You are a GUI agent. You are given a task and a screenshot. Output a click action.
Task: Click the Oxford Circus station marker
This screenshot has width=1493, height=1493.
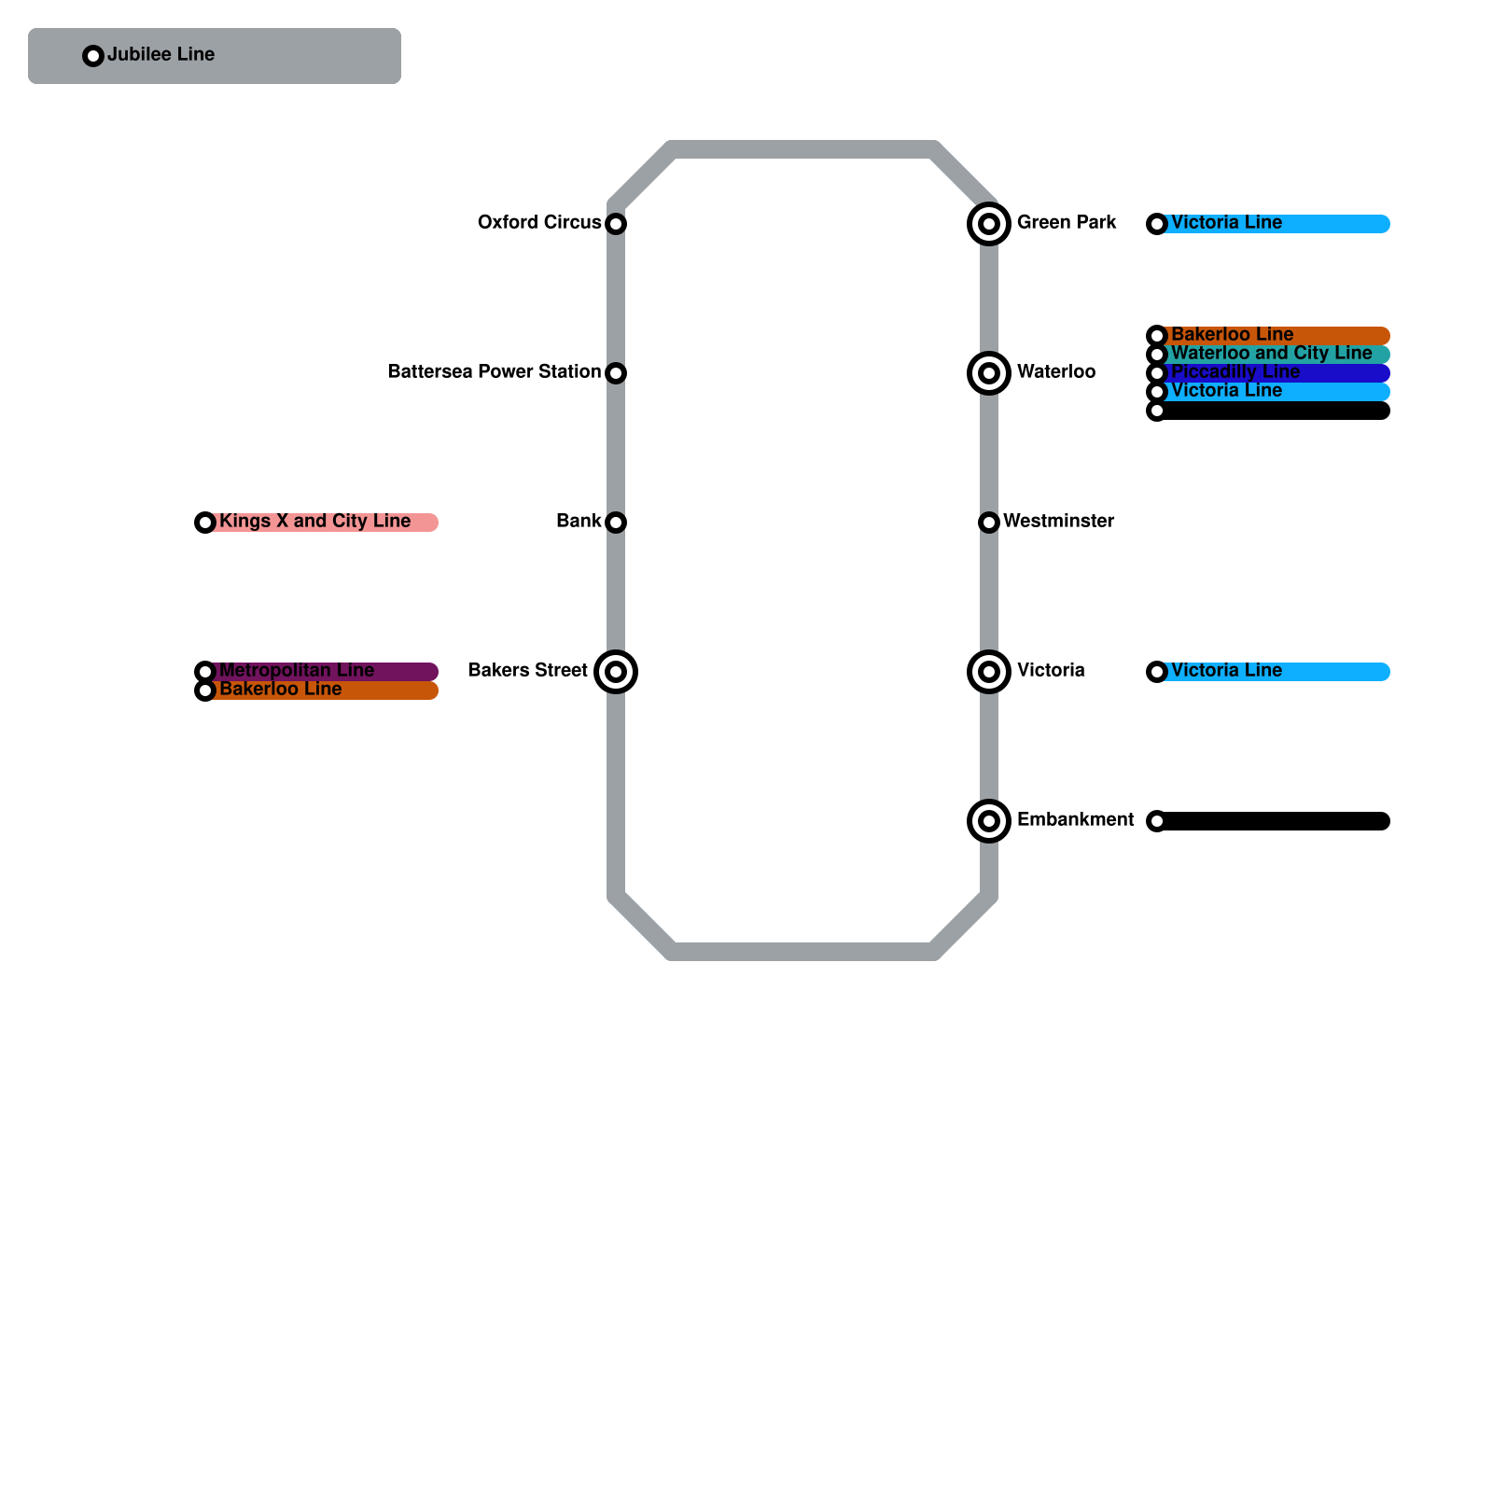click(x=616, y=224)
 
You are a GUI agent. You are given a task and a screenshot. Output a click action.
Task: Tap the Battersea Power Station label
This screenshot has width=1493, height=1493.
click(x=494, y=372)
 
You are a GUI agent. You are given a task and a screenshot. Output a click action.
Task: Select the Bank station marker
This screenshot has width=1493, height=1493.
click(x=616, y=523)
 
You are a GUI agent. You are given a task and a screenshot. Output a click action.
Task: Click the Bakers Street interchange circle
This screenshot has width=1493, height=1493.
click(x=616, y=672)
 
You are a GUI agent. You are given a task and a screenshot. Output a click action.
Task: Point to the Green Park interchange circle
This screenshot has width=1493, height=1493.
click(x=989, y=224)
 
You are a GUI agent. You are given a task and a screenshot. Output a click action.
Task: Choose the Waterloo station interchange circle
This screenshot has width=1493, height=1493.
click(x=989, y=373)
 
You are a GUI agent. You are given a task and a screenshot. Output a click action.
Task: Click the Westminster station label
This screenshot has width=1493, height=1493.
click(x=1058, y=522)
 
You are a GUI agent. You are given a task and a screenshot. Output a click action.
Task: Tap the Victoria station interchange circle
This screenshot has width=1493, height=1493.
click(x=989, y=672)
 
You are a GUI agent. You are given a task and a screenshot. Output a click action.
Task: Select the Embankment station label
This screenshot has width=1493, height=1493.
click(x=1075, y=820)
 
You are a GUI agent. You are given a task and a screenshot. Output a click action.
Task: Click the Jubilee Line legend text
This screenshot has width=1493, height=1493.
click(x=160, y=55)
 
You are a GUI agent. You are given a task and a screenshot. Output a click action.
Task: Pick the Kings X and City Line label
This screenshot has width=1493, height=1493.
click(x=314, y=522)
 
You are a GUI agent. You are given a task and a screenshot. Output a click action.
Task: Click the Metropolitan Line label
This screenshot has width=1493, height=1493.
click(x=296, y=671)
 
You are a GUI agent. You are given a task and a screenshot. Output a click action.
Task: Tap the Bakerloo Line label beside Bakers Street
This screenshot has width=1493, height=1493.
click(x=280, y=690)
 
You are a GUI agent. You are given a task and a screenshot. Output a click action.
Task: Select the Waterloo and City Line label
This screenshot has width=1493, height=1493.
click(x=1271, y=354)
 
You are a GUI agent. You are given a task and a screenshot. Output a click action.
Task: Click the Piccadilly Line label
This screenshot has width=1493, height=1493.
click(x=1235, y=372)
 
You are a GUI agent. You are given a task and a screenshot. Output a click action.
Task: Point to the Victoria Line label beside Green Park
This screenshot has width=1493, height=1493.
click(x=1226, y=223)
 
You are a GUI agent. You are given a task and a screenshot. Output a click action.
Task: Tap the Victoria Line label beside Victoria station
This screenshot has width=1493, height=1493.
click(x=1226, y=671)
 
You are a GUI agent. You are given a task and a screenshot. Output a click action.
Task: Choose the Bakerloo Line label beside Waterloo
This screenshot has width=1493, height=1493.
click(x=1232, y=335)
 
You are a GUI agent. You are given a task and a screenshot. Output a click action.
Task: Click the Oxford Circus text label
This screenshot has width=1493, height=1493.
click(x=538, y=223)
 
